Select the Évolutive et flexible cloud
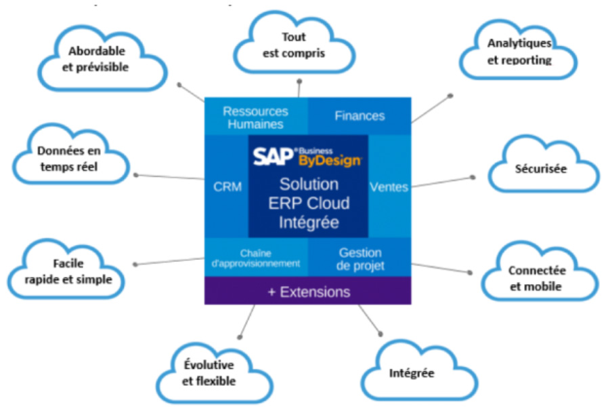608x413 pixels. (209, 373)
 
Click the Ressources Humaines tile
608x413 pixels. (255, 117)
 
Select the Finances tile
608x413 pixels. (360, 116)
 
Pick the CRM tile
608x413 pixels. (227, 186)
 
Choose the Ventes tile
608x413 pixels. (389, 186)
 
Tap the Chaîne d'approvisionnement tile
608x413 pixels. (255, 258)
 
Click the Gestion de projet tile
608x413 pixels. (360, 258)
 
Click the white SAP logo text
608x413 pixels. (272, 157)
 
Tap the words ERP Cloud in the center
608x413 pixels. (309, 202)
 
